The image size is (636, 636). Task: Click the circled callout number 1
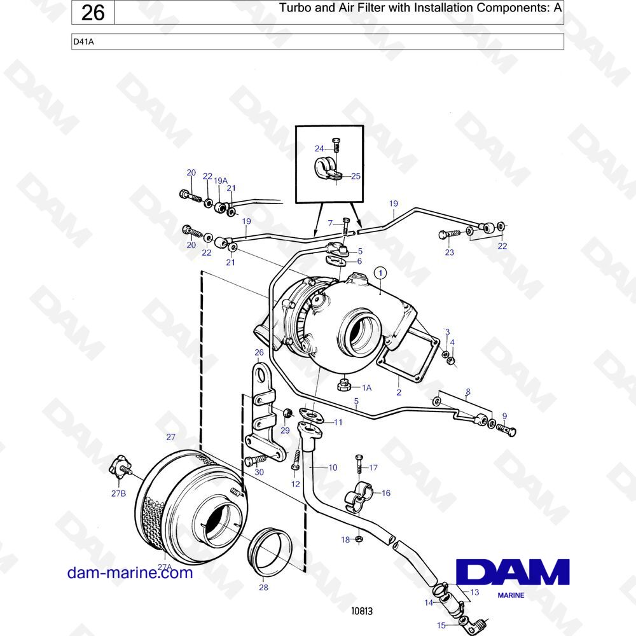coord(380,273)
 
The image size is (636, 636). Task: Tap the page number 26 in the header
coord(93,13)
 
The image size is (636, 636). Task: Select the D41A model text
coord(83,41)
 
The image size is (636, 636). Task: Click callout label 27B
coord(118,494)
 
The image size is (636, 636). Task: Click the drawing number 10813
coord(362,611)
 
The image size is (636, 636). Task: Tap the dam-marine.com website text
coord(130,573)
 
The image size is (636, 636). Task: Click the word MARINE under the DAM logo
coord(511,595)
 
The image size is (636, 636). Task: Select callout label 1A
coord(367,388)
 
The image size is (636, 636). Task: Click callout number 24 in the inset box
coord(320,148)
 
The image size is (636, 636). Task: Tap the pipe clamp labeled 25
coord(328,169)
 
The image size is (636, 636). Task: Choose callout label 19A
coord(221,181)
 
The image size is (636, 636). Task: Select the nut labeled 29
coord(287,413)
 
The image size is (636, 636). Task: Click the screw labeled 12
coord(296,460)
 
